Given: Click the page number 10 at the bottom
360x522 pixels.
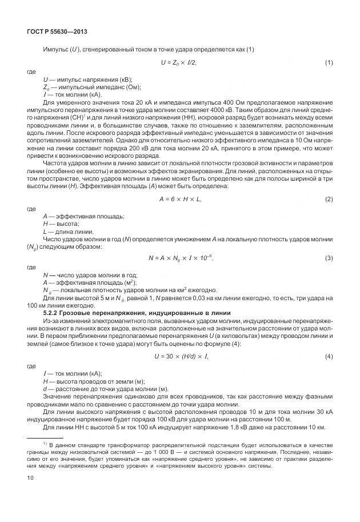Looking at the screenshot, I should pos(30,476).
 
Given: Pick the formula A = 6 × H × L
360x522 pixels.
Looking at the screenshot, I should pos(180,199).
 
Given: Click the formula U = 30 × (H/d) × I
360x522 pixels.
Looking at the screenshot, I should pos(181,357).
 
